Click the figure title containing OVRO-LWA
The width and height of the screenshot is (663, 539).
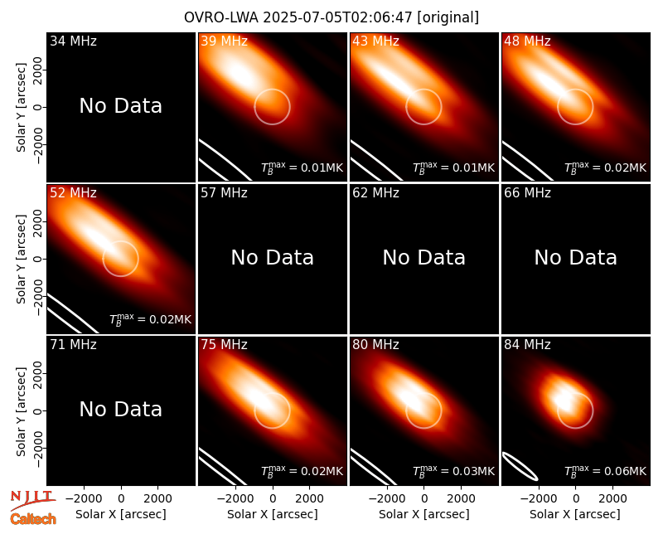[331, 17]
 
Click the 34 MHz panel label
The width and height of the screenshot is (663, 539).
[73, 41]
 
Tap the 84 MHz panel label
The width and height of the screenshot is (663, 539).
[527, 345]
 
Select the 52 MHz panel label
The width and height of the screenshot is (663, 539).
[73, 193]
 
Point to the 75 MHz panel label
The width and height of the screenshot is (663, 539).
[224, 345]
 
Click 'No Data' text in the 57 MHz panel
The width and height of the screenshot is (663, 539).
[273, 257]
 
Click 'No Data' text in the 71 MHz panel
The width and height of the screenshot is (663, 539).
[121, 409]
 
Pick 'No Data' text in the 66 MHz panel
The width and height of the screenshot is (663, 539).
[575, 257]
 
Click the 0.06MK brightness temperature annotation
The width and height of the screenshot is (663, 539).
[606, 471]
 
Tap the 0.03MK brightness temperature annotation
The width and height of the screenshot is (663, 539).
[453, 471]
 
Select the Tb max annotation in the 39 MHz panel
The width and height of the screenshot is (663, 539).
[302, 168]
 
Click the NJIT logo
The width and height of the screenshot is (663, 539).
[32, 500]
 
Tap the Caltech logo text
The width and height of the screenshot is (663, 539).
[33, 519]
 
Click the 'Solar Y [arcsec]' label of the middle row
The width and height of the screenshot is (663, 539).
[21, 259]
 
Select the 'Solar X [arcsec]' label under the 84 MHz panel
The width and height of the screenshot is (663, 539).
[575, 514]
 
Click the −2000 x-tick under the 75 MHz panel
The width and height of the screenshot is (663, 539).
[232, 499]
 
